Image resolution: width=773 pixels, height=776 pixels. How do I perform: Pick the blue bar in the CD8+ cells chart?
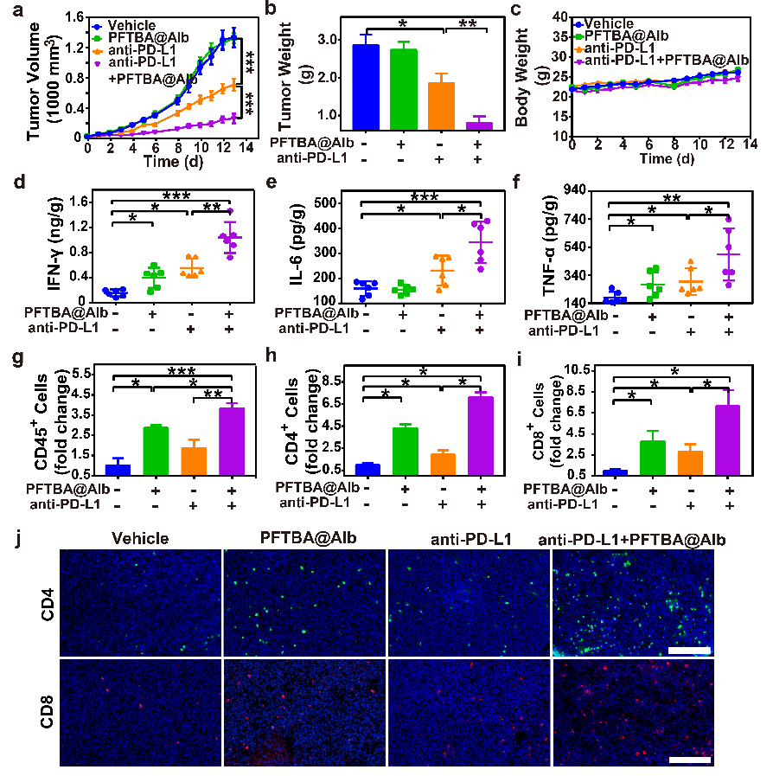[615, 472]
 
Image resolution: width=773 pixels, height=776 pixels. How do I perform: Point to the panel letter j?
[8, 538]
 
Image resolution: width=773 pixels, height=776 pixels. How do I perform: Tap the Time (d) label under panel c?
[666, 160]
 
